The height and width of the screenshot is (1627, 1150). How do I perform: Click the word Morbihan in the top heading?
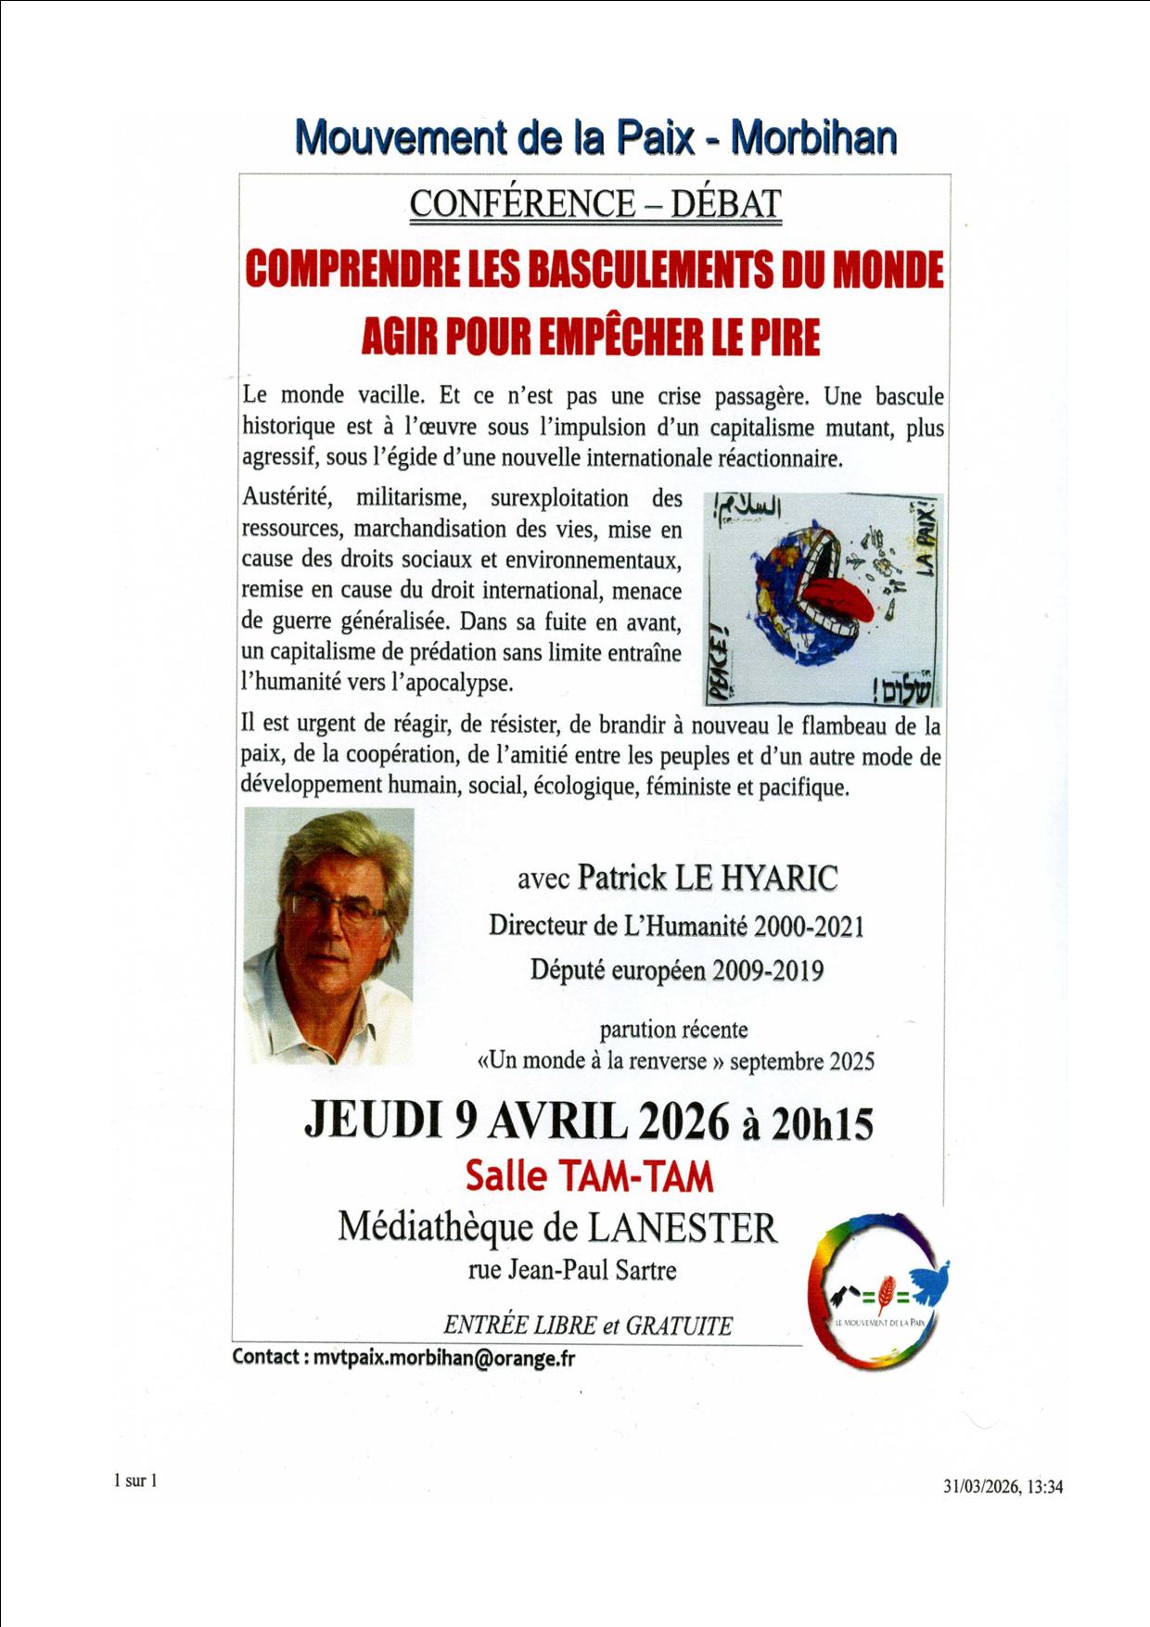(813, 137)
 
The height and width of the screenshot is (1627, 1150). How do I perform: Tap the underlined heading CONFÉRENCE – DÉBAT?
(595, 204)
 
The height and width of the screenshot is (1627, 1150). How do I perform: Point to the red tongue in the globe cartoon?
(839, 601)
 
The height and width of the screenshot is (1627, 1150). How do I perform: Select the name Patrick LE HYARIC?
(707, 878)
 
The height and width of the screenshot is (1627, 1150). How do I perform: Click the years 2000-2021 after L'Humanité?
(809, 926)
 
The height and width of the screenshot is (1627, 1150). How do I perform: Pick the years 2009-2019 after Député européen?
(768, 970)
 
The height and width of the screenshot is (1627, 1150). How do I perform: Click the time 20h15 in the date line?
(822, 1123)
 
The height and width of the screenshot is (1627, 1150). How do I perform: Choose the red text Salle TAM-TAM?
(589, 1176)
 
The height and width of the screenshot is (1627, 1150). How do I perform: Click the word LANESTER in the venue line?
(683, 1227)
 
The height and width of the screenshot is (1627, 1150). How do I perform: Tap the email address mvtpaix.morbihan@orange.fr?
(443, 1357)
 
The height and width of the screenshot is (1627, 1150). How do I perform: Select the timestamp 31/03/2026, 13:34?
(1003, 1486)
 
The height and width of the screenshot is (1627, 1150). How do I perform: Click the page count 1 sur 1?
(135, 1480)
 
